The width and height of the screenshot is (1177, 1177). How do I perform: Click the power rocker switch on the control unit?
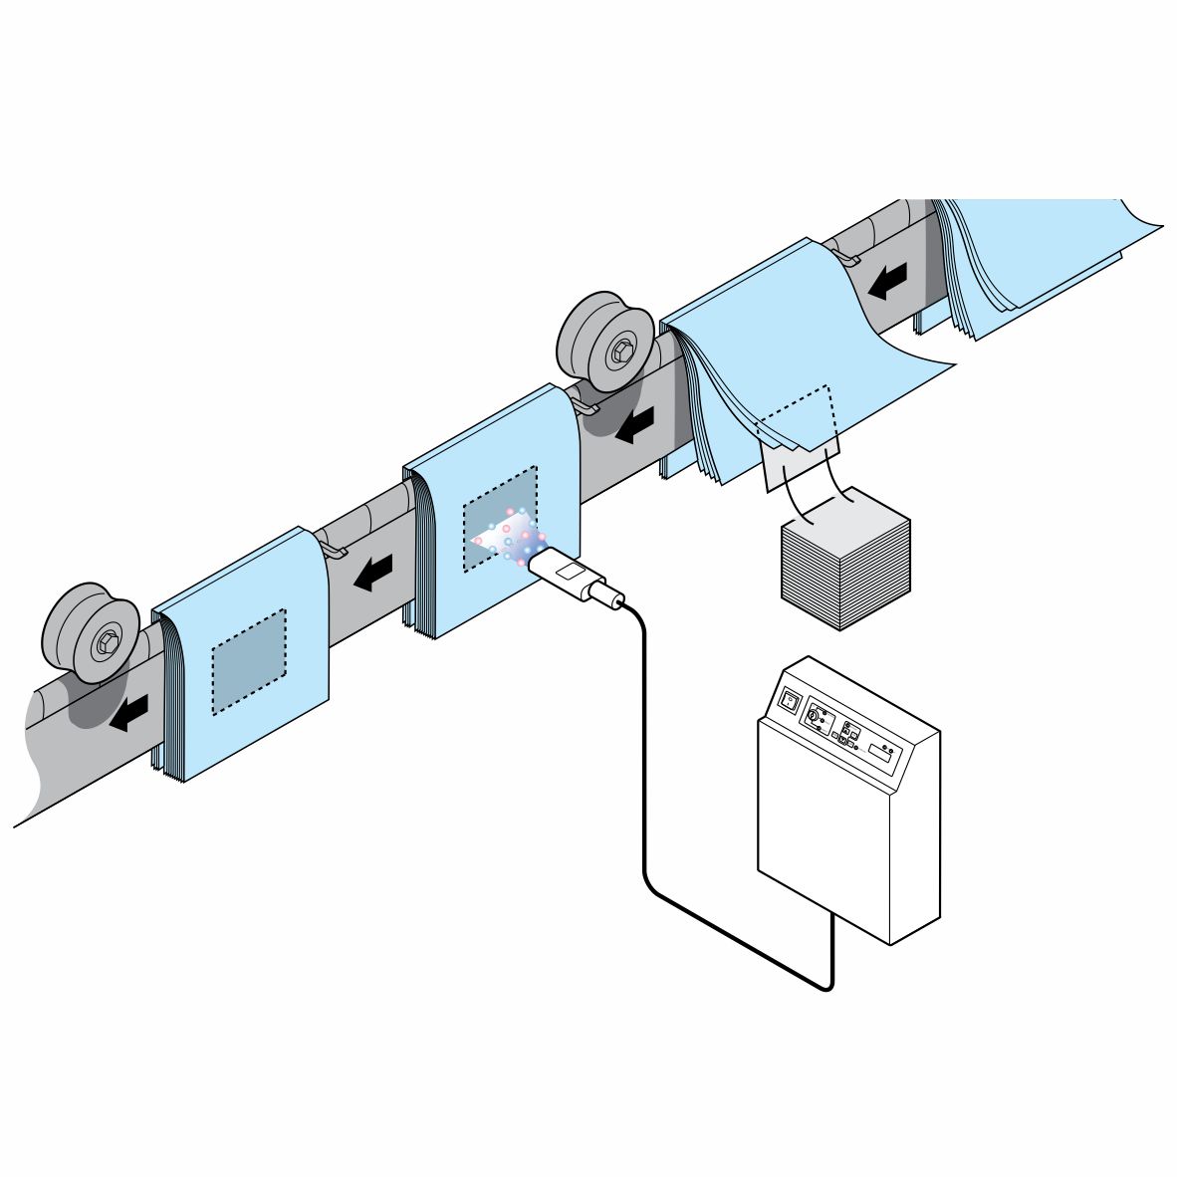pos(790,700)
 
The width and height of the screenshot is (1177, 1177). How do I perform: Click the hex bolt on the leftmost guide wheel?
pos(105,642)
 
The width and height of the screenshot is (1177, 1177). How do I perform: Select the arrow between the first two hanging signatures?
pos(373,573)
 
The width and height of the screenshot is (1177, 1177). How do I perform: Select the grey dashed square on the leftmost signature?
pos(249,661)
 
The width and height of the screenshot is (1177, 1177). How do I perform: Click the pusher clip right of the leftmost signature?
pos(333,547)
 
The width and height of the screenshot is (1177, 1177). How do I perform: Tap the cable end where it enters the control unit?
pos(832,920)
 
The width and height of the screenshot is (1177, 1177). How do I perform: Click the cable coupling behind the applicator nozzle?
pos(608,596)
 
